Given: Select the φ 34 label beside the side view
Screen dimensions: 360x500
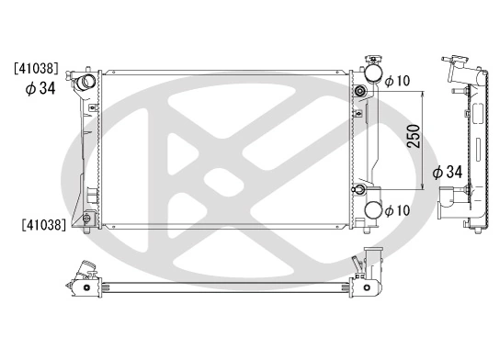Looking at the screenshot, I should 447,172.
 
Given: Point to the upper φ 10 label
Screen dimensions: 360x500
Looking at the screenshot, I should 397,82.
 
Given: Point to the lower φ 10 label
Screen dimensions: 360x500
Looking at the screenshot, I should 397,211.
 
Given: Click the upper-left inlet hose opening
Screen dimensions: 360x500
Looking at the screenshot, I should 87,84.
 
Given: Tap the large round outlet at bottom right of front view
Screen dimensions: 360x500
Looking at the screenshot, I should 373,210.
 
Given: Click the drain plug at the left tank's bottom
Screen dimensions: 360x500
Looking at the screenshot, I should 86,219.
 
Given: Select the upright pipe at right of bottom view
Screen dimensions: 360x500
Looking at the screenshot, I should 371,265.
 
